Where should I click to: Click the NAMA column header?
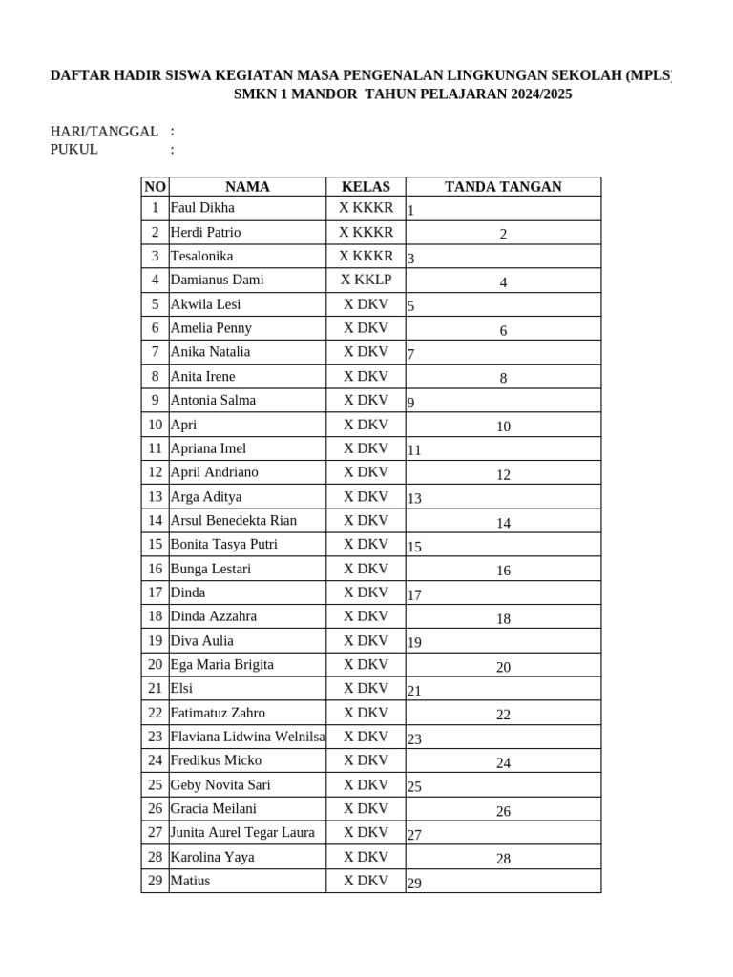247,187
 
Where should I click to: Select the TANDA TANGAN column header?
503,187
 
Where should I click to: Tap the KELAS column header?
366,187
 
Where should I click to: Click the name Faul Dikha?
202,208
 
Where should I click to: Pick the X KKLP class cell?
366,281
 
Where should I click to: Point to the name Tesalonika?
201,257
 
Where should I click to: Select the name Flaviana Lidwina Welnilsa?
247,737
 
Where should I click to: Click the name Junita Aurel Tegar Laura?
242,833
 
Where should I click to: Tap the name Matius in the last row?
190,881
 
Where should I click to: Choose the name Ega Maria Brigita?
221,665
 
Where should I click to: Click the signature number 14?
503,524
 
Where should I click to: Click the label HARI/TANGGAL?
104,132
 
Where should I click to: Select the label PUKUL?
74,150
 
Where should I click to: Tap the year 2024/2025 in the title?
531,95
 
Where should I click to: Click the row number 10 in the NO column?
155,425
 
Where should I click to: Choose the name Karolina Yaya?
212,857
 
